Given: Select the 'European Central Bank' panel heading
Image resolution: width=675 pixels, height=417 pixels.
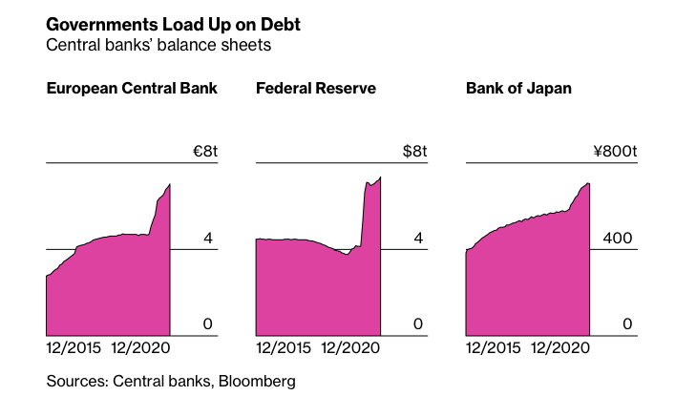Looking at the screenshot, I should tap(132, 89).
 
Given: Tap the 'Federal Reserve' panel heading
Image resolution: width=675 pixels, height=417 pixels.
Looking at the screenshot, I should tap(316, 89).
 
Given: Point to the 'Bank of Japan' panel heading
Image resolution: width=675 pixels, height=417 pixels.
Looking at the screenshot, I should tap(518, 89).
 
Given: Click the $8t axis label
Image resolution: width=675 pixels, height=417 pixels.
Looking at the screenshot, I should tap(413, 152).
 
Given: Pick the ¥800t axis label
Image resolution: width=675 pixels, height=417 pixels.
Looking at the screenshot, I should tap(613, 152).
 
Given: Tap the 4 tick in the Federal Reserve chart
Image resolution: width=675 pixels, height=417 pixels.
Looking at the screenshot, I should tap(417, 238).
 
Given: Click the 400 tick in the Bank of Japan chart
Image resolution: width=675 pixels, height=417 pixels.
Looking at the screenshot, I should tap(618, 238).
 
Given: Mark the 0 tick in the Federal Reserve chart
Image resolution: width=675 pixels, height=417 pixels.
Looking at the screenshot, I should tap(417, 324).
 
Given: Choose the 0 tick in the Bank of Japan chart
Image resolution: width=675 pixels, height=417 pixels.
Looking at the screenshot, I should tap(627, 324).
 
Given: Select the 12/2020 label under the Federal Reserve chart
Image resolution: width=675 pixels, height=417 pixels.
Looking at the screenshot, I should tap(350, 348).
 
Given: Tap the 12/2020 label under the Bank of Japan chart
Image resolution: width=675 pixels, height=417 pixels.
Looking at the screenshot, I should tap(560, 348).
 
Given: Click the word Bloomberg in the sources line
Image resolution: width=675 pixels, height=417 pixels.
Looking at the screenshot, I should tap(257, 382).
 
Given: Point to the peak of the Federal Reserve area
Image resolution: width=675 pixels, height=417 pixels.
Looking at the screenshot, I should tap(380, 177).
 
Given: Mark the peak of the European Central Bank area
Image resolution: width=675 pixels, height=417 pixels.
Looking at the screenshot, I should tap(170, 184).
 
